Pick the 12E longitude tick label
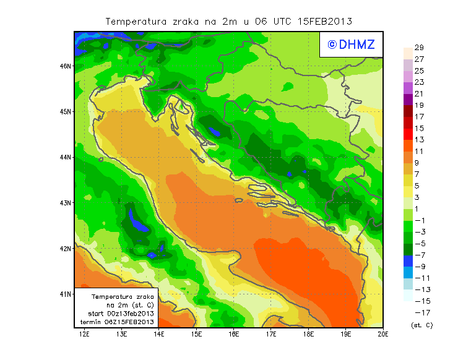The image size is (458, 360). pos(85,334)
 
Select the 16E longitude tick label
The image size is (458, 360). pos(234,334)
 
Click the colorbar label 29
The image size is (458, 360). pos(419,48)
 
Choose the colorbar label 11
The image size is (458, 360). pos(419,152)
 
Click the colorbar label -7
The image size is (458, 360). pos(421,255)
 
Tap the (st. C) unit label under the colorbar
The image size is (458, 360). pos(421,325)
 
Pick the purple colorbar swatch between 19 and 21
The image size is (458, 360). pos(407,100)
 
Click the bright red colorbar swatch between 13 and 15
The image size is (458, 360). pos(407,134)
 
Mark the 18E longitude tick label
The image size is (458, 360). pos(308,334)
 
